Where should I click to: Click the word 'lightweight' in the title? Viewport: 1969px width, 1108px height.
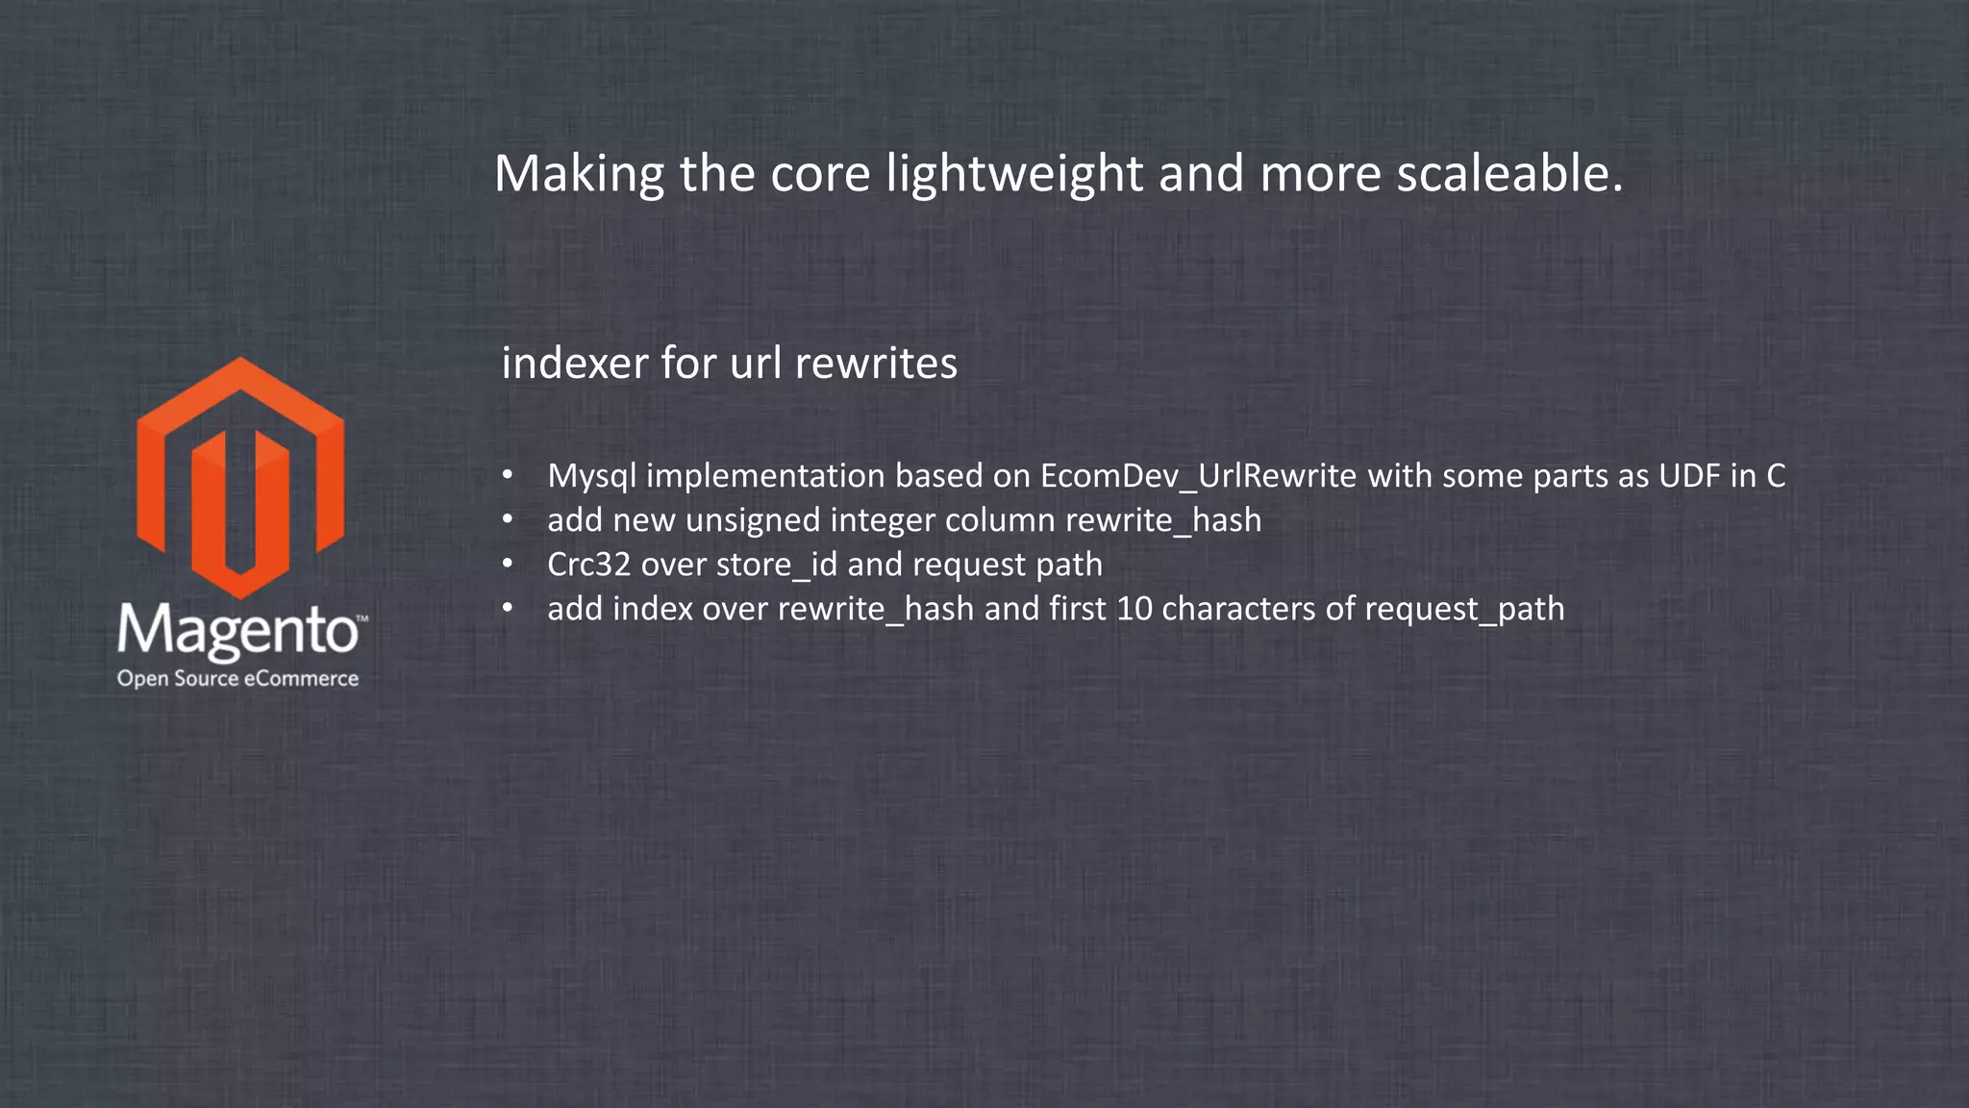(x=1013, y=175)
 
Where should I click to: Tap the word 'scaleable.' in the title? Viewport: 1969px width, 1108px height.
(x=1509, y=175)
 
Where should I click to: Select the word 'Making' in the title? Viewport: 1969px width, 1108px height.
(x=579, y=175)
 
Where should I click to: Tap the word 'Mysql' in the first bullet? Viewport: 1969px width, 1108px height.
(x=591, y=476)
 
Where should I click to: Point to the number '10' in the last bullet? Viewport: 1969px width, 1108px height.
(x=1134, y=609)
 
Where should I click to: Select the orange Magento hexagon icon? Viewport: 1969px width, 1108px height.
(x=240, y=477)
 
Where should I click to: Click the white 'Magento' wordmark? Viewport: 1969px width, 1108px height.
(x=237, y=632)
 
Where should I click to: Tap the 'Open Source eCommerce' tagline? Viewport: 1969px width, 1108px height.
(x=237, y=679)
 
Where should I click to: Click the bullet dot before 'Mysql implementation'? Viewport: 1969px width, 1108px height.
(x=508, y=476)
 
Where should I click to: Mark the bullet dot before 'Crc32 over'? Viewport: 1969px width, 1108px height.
(x=508, y=565)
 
